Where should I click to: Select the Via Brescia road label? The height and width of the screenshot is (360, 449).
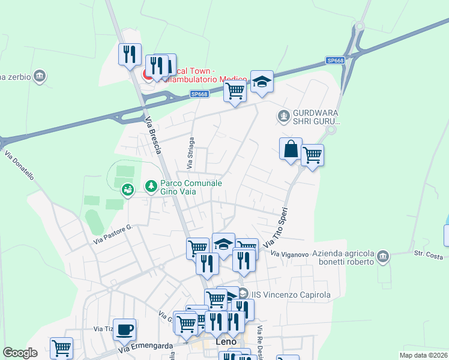[x=154, y=135]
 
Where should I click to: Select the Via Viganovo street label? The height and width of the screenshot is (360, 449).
[x=289, y=254]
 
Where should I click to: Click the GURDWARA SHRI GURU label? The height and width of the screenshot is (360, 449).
[x=316, y=117]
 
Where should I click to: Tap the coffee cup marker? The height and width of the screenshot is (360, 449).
[x=125, y=329]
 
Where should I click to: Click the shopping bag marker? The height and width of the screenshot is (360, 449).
[x=291, y=148]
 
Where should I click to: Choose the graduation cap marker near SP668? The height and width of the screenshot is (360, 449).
[x=262, y=81]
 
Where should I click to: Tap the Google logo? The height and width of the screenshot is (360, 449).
[x=20, y=353]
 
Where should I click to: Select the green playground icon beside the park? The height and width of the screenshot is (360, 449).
[x=127, y=190]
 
